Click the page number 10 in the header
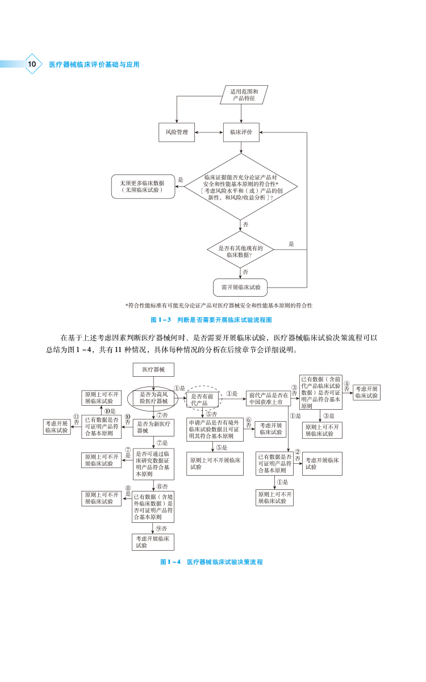(32, 64)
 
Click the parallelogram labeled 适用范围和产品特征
(244, 95)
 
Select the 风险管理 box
(177, 132)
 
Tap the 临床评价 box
(241, 132)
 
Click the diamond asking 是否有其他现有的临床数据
(242, 252)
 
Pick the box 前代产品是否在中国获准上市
(268, 398)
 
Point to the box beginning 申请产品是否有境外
(215, 429)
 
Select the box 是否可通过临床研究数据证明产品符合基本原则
(153, 461)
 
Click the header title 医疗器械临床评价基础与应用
(94, 65)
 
